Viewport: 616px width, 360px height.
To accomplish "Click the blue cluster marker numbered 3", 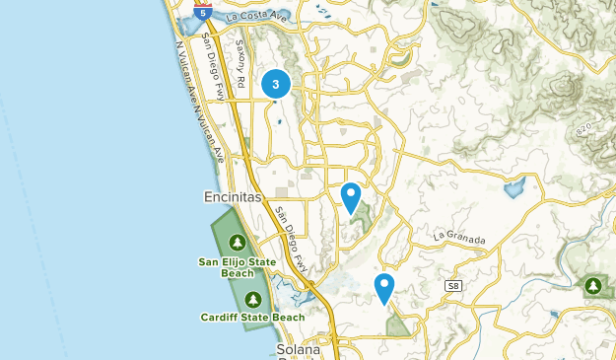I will (x=276, y=85).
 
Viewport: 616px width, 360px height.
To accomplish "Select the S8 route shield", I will (x=452, y=286).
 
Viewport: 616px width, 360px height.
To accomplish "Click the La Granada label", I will (x=458, y=238).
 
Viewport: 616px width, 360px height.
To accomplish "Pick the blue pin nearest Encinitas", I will (x=350, y=197).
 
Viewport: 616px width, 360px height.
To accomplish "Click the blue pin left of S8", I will (x=384, y=288).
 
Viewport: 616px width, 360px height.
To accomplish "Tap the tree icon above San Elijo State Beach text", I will (x=237, y=242).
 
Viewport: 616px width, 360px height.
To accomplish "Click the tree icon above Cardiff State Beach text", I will (x=252, y=299).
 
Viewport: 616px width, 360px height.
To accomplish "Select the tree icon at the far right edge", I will (x=594, y=286).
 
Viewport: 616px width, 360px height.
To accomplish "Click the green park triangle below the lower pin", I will (x=396, y=325).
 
